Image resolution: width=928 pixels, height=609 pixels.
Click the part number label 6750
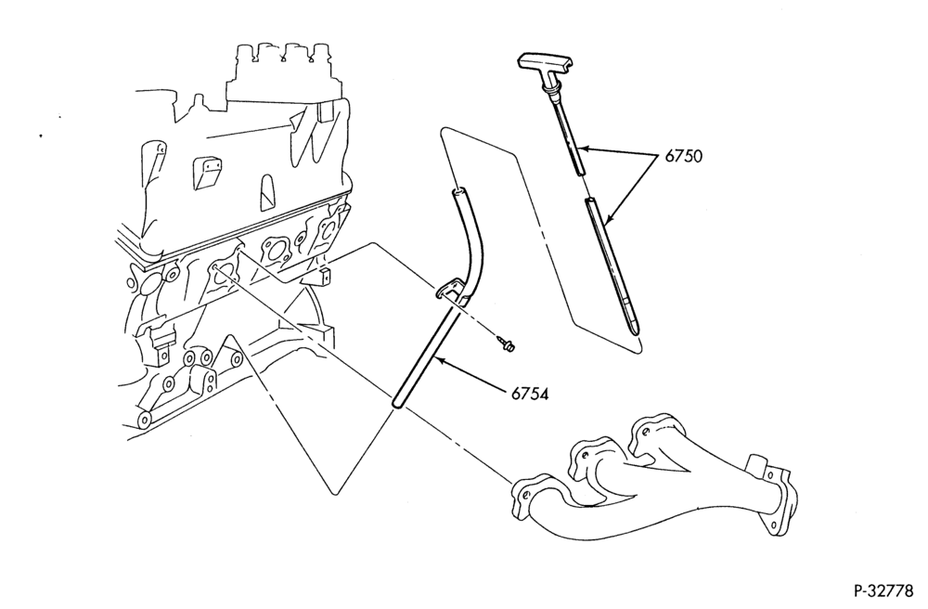(684, 156)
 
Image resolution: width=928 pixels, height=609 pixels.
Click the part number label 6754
(530, 394)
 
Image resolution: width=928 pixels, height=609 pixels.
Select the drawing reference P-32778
(883, 590)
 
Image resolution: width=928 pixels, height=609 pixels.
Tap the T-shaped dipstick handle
(545, 63)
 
